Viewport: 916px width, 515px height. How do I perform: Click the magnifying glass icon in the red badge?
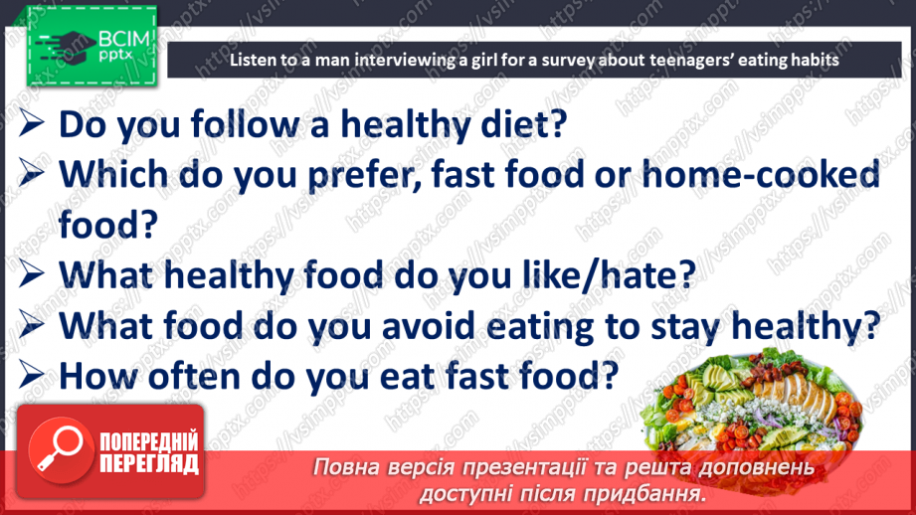[x=56, y=452]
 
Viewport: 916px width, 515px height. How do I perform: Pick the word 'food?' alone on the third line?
[x=108, y=224]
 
